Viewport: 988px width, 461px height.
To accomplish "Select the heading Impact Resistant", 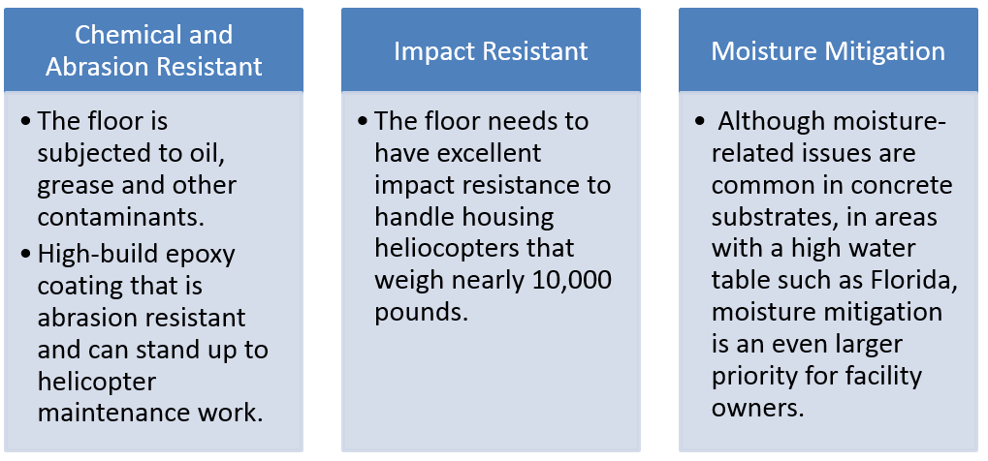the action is pos(491,51).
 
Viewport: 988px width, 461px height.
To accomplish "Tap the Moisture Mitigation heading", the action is pos(828,51).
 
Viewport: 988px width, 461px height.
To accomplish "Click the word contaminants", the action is pos(121,218).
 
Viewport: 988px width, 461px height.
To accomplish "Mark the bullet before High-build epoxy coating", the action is pos(25,255).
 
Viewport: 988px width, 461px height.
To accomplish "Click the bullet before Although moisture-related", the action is pos(700,121).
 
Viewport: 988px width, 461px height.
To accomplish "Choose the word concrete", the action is pos(902,186).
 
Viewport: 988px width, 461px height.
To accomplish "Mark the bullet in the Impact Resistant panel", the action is pos(363,121).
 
